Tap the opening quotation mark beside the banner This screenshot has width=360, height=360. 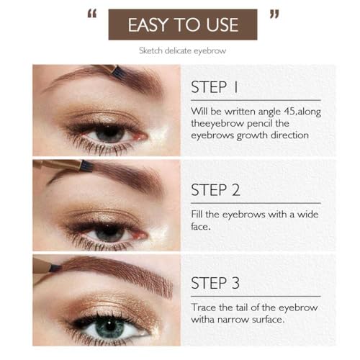pos(92,16)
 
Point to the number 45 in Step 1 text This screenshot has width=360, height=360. pos(297,112)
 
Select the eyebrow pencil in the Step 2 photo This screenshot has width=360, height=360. pos(65,165)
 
